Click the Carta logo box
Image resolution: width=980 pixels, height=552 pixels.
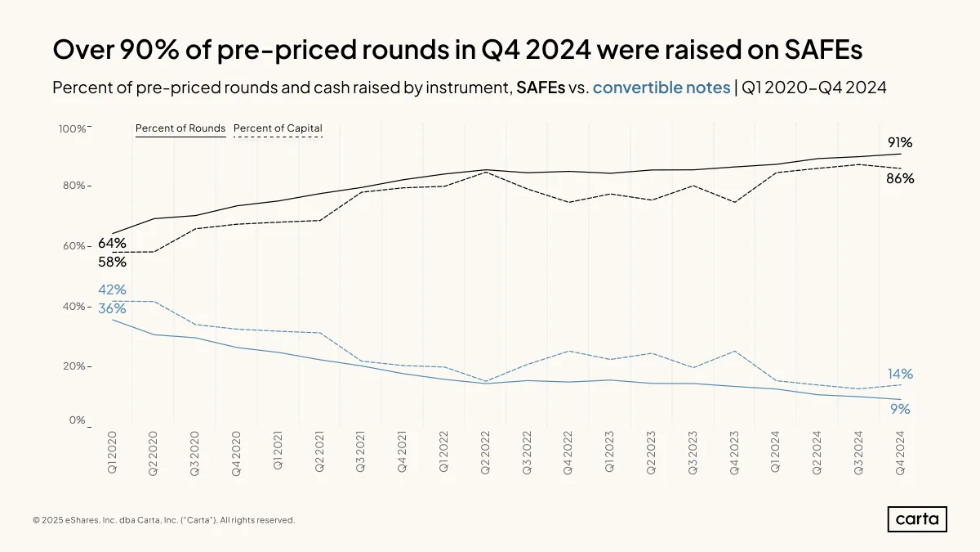tap(917, 519)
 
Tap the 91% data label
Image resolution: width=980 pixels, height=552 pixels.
tap(900, 142)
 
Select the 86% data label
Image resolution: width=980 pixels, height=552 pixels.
tap(900, 178)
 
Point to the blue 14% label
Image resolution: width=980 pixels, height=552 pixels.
tap(900, 374)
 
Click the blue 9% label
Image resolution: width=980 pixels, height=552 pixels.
tap(900, 409)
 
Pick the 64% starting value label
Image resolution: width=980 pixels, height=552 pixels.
tap(112, 243)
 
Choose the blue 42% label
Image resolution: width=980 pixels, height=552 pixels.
tap(112, 289)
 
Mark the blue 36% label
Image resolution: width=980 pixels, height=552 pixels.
tap(112, 308)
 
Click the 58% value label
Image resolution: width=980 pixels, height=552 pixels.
tap(112, 262)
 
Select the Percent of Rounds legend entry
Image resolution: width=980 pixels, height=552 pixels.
tap(180, 130)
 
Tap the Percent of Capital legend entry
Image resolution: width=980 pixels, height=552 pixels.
tap(278, 130)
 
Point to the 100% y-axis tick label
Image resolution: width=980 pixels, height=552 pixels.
tap(72, 129)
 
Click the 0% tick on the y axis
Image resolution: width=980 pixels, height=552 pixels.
tap(77, 420)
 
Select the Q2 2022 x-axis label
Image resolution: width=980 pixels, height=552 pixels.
tap(485, 452)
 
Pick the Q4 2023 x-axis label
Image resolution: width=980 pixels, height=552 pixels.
tap(734, 452)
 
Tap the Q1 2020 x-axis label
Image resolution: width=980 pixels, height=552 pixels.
tap(112, 451)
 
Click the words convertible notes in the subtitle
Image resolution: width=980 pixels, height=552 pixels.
tap(661, 88)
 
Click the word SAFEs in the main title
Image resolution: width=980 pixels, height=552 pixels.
tap(823, 49)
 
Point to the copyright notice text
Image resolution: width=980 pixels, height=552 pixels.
tap(164, 520)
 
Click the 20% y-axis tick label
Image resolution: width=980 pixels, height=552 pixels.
tap(74, 366)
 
